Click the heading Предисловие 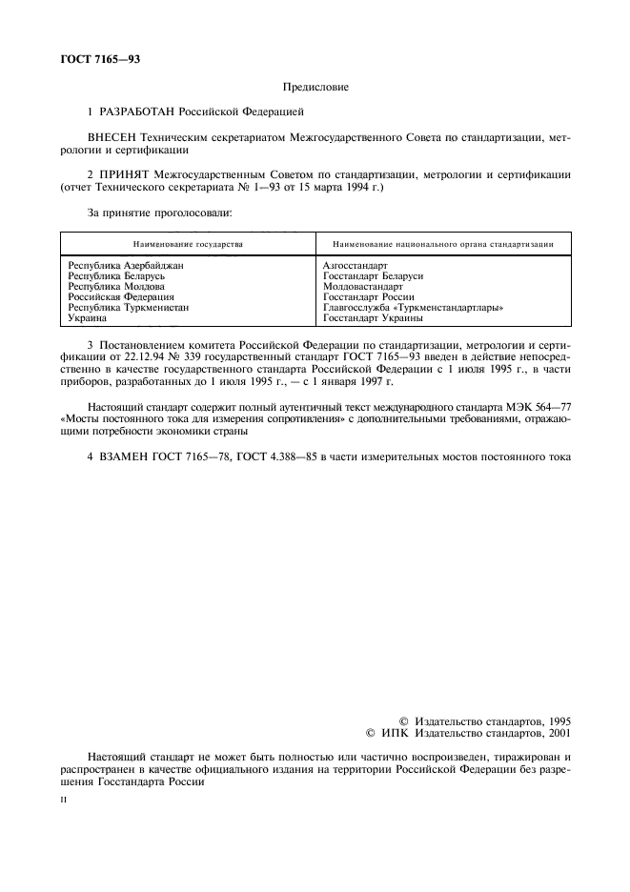tap(316, 88)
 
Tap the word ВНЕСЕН tap(112, 139)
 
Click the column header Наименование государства tap(188, 244)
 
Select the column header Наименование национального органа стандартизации tap(445, 244)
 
